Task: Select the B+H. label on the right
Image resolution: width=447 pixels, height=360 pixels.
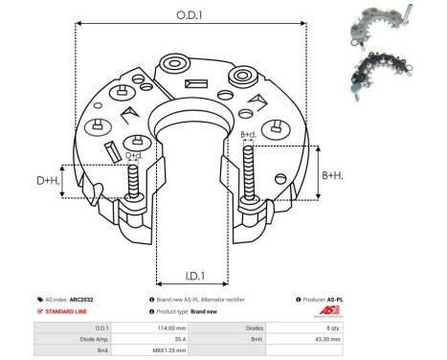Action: [333, 175]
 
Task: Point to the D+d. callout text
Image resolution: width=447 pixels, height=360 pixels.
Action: [135, 155]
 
